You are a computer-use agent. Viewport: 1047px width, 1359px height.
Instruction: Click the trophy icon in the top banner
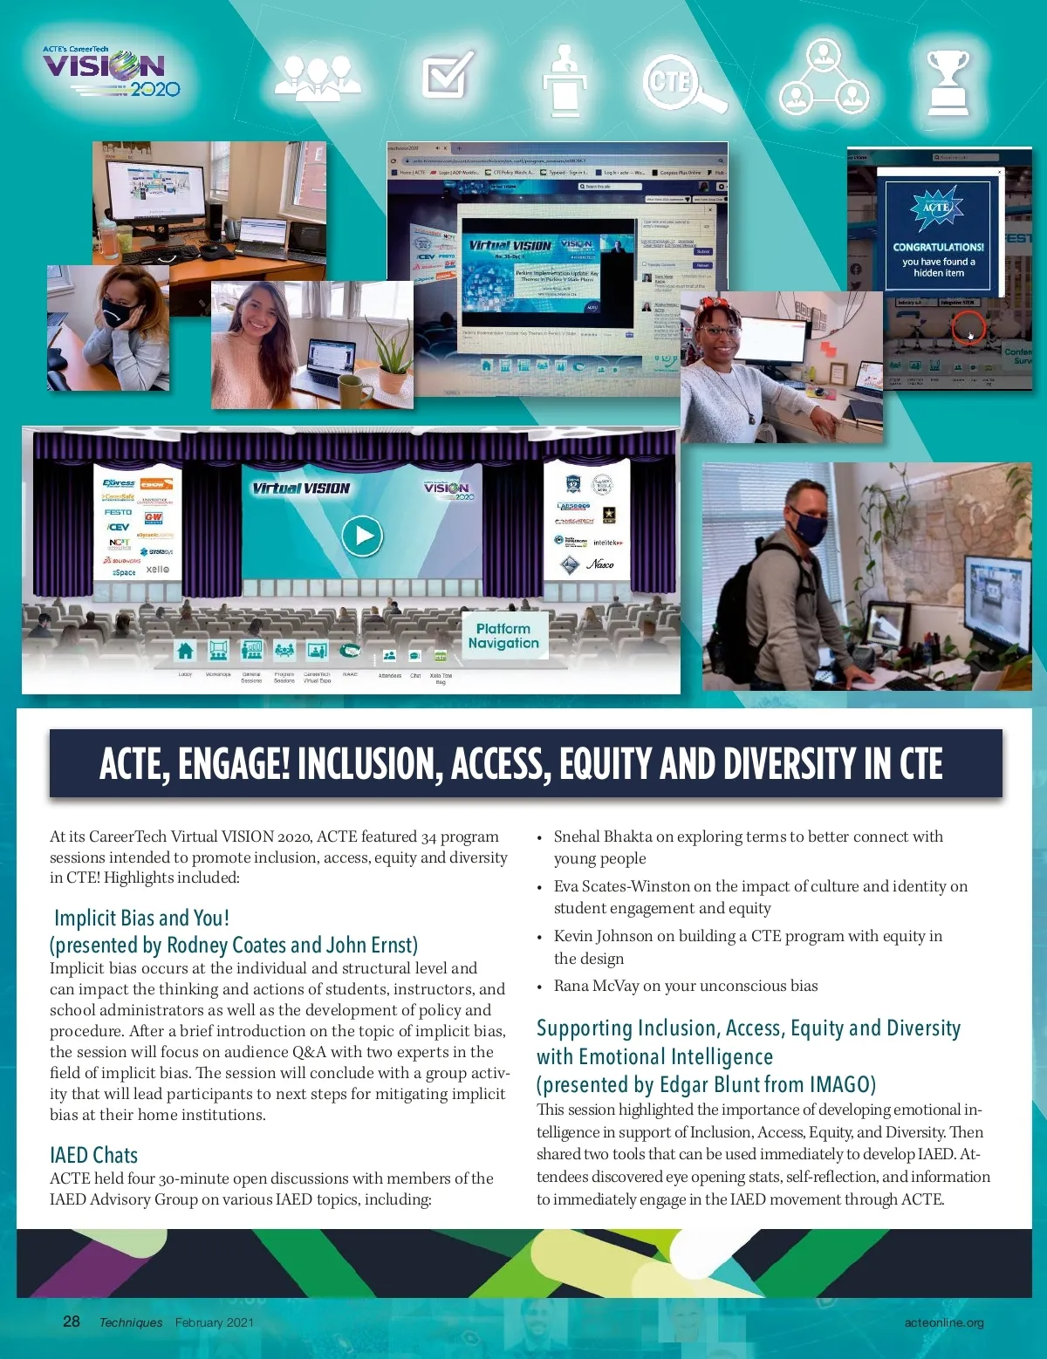point(948,83)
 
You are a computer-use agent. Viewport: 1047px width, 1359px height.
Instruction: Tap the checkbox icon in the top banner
point(448,76)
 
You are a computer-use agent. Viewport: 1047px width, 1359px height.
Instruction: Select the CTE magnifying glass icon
point(683,83)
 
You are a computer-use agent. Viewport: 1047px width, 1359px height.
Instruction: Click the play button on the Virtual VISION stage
point(362,536)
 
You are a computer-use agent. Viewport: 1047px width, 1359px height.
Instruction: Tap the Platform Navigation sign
point(503,636)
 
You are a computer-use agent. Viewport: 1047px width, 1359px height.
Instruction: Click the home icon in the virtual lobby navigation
point(185,651)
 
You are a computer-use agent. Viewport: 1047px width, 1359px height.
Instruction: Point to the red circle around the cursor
point(968,330)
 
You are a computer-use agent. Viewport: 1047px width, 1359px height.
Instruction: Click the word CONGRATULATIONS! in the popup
point(938,247)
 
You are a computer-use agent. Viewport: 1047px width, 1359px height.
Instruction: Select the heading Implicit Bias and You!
point(141,918)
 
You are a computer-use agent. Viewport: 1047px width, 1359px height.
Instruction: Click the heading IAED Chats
point(93,1155)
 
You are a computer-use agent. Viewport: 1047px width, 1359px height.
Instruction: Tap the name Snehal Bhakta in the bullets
point(603,837)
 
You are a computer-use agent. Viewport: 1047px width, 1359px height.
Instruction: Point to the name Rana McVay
point(596,986)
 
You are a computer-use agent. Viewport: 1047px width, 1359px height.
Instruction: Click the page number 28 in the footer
point(72,1321)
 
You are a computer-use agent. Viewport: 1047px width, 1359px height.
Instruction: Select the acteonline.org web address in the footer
point(943,1322)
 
